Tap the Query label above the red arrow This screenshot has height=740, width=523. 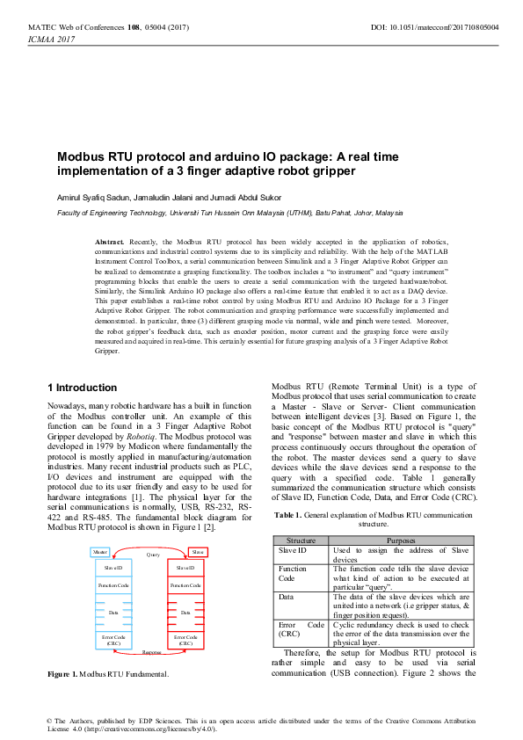tap(153, 530)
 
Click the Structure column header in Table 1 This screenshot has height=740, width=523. tap(301, 514)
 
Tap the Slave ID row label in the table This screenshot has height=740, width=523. tap(294, 525)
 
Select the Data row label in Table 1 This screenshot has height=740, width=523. tap(287, 571)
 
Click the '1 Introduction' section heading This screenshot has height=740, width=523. tap(82, 388)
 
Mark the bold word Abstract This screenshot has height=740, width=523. tap(109, 240)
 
